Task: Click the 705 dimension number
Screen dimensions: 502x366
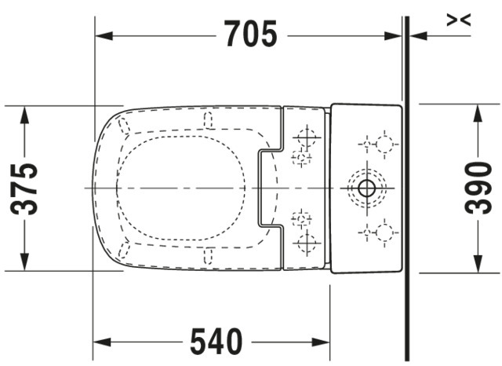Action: pyautogui.click(x=251, y=34)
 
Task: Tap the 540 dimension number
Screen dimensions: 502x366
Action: pyautogui.click(x=216, y=342)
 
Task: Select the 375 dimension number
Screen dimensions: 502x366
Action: pyautogui.click(x=24, y=188)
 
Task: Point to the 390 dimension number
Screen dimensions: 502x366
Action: pyautogui.click(x=478, y=188)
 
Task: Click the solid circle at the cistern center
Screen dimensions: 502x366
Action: pyautogui.click(x=367, y=188)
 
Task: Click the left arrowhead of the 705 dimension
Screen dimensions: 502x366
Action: pyautogui.click(x=104, y=36)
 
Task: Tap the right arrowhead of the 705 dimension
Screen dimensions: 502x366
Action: pyautogui.click(x=393, y=36)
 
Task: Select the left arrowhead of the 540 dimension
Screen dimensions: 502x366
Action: pyautogui.click(x=102, y=342)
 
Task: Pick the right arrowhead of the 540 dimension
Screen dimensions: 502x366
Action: pyautogui.click(x=321, y=342)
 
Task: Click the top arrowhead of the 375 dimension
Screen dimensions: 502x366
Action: pyautogui.click(x=24, y=115)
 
